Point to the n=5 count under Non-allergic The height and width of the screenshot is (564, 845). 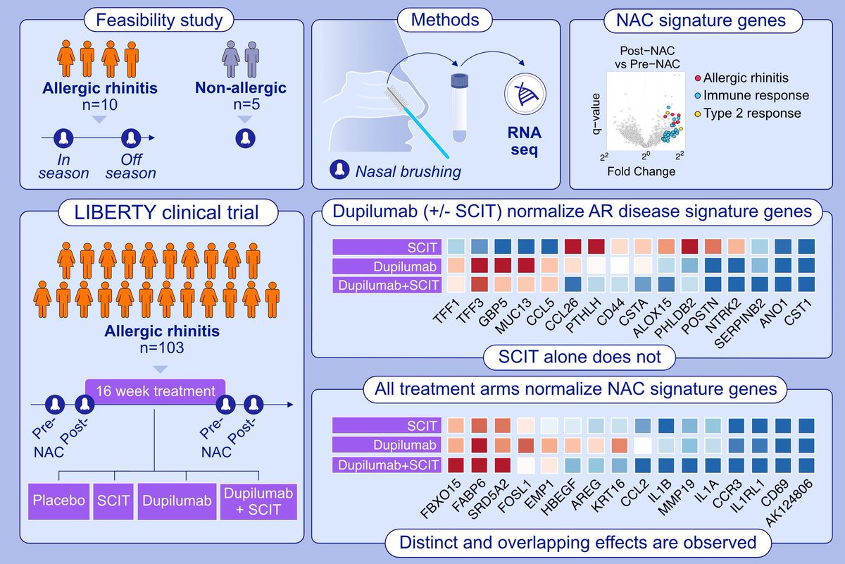[x=244, y=105]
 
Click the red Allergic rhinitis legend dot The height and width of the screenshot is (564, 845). [x=697, y=77]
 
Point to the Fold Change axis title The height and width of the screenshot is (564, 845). [x=643, y=171]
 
